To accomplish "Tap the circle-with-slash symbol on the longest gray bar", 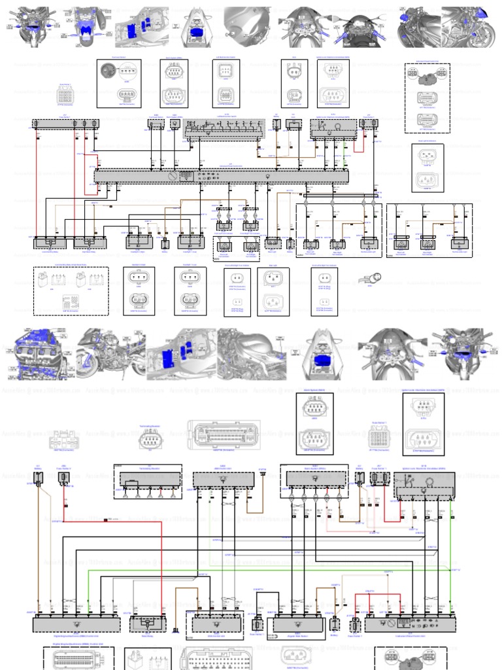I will [x=171, y=176].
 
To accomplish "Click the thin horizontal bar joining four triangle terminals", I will [x=339, y=196].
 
